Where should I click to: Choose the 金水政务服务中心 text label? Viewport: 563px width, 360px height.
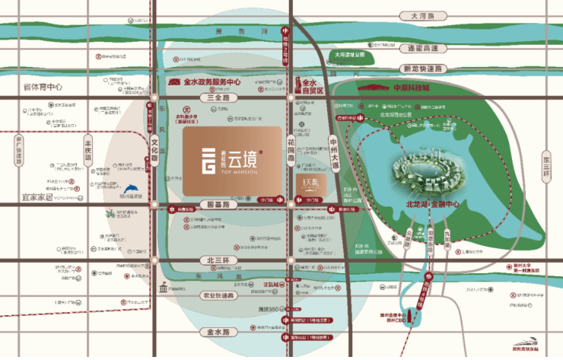pyautogui.click(x=212, y=81)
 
